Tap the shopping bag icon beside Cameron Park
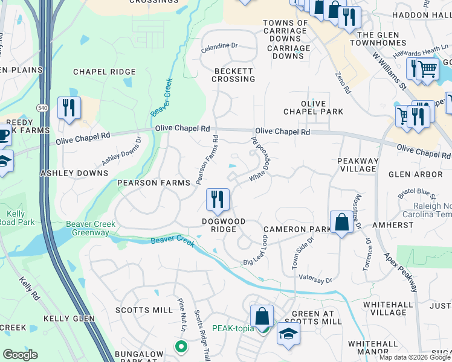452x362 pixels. (x=341, y=221)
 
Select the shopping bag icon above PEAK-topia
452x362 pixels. (x=262, y=316)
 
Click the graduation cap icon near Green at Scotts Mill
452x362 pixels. (x=288, y=333)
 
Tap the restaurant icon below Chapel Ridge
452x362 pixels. (x=69, y=109)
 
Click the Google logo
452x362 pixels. (x=20, y=355)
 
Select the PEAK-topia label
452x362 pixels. (x=231, y=329)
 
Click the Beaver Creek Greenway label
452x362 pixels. (x=91, y=229)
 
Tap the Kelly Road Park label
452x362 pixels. (x=15, y=218)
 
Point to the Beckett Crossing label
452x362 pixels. (x=234, y=75)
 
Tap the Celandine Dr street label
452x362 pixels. (x=219, y=45)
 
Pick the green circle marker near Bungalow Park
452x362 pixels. (x=180, y=346)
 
